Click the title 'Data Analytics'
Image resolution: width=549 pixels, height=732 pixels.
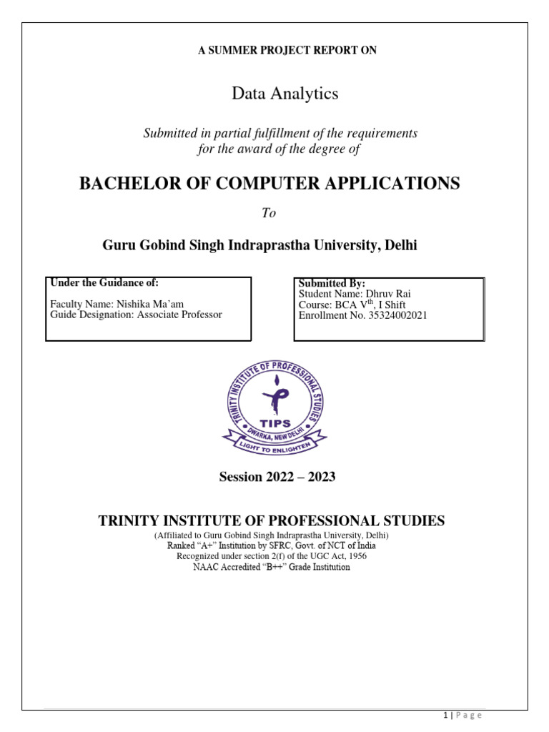tap(274, 93)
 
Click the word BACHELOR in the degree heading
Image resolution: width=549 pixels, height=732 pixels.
tap(123, 184)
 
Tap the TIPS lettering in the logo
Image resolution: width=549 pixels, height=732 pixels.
tap(275, 424)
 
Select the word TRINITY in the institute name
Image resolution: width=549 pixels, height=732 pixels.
tap(129, 521)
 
